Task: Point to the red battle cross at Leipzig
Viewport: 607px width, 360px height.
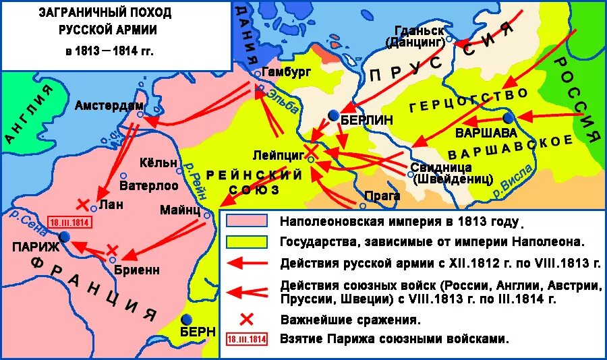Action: [x=311, y=149]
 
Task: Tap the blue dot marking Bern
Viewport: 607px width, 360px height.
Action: [x=187, y=319]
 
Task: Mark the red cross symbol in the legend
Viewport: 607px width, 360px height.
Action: [x=247, y=318]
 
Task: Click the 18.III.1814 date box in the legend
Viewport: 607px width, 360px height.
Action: [x=247, y=339]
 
